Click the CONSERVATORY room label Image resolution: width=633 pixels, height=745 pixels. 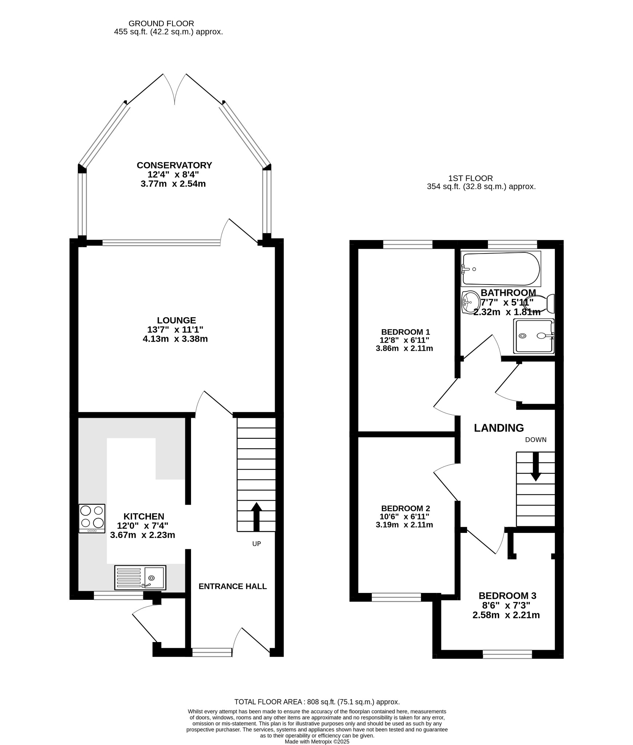point(174,165)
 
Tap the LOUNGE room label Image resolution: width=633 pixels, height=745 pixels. point(176,320)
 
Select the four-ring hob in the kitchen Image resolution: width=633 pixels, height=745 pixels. point(92,518)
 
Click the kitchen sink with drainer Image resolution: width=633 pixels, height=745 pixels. point(140,577)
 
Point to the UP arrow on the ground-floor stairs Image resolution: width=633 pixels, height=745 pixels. point(256,517)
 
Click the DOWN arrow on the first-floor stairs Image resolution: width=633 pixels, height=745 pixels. point(536,467)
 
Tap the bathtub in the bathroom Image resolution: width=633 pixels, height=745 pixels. point(501,269)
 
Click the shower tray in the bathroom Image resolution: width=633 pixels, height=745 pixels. point(534,336)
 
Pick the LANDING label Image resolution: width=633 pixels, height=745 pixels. point(499,428)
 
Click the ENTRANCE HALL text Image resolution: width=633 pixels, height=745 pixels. point(233,586)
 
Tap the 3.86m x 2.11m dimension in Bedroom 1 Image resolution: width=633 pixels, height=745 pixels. point(404,348)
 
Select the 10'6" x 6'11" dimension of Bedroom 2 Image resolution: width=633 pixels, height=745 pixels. point(405,516)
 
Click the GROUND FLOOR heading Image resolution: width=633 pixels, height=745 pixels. point(162,24)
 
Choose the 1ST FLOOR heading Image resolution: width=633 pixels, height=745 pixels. point(470,178)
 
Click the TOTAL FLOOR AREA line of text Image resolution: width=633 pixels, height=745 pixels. point(317,702)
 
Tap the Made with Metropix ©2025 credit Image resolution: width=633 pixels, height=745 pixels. point(317,741)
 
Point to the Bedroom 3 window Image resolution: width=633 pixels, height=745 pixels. point(507,654)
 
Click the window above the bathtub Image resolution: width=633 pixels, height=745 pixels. point(512,244)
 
